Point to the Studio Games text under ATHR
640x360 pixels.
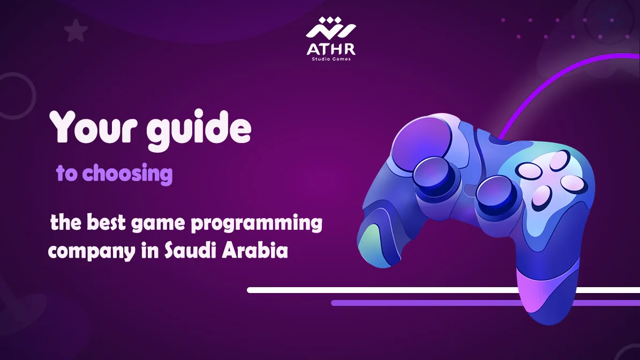(x=330, y=59)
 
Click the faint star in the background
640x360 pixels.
(x=76, y=32)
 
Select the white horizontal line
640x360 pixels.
(x=375, y=290)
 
